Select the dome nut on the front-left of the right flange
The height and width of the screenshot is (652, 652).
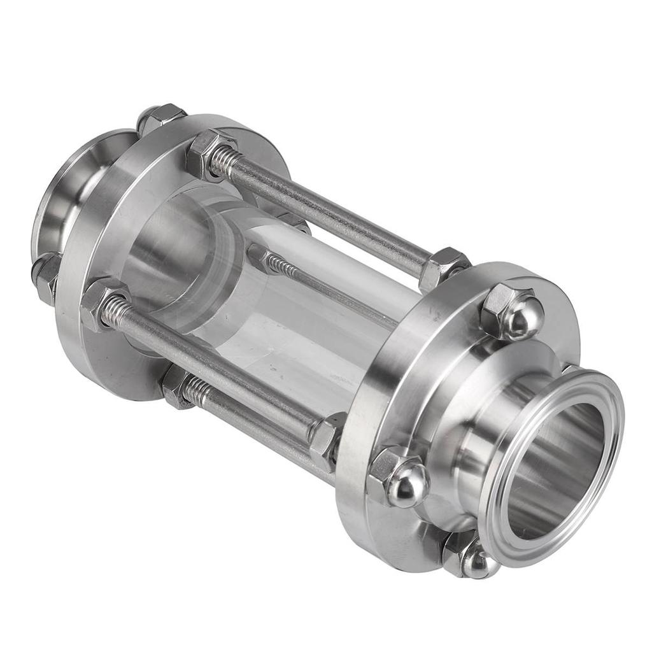click(399, 477)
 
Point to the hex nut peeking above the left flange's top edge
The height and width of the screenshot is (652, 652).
click(159, 117)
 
